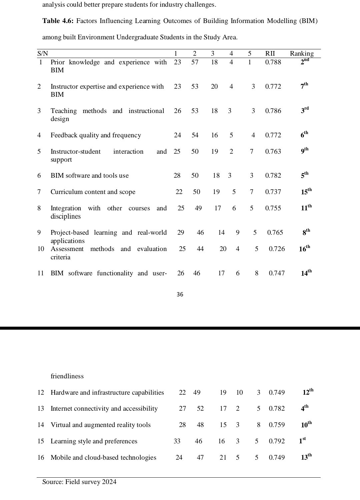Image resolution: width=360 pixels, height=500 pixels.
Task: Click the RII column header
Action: pos(270,53)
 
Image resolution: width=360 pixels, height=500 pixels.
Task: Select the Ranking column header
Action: pos(302,53)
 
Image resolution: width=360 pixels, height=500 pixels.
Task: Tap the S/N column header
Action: pos(42,53)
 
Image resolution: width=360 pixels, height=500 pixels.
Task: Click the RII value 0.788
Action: pos(273,62)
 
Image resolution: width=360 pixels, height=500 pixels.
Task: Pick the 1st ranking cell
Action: pos(302,441)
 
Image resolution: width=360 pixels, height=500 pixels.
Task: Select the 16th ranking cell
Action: pos(304,249)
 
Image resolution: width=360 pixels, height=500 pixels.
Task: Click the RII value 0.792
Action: pos(277,441)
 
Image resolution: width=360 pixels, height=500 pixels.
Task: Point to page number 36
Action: pos(180,294)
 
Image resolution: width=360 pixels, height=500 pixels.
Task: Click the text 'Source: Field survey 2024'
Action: pos(79,482)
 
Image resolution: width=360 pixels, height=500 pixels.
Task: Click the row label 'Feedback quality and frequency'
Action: pos(96,135)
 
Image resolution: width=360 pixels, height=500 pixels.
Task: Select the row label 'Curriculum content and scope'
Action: pos(93,192)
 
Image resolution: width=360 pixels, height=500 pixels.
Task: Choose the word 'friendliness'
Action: pos(67,376)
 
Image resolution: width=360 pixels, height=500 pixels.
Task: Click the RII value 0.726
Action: pos(277,249)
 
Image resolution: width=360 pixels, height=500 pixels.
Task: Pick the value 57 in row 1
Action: pos(195,62)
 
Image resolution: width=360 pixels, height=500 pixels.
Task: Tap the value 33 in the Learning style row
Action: pos(177,441)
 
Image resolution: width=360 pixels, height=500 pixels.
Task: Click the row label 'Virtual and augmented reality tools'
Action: pos(100,425)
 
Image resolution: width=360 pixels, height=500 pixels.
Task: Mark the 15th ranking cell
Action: pos(306,192)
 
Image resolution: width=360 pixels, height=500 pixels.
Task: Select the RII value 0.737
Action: pos(273,192)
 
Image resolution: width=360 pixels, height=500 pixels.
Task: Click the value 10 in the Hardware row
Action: pos(239,393)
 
